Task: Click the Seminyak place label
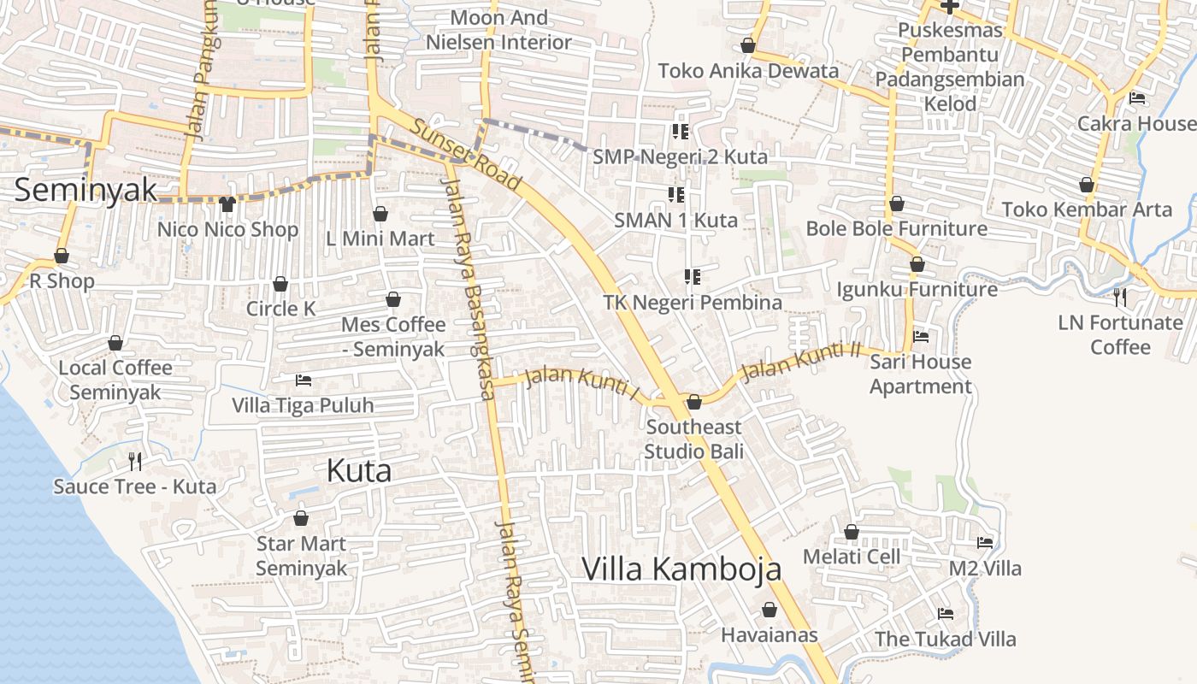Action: coord(85,189)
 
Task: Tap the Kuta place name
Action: coord(359,470)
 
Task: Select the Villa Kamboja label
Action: coord(681,569)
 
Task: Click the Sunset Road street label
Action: coord(466,155)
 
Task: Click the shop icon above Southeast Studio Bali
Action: coord(694,402)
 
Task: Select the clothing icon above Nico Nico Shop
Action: coord(227,203)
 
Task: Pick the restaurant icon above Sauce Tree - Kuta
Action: coord(134,462)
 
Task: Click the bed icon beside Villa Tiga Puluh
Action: coord(303,380)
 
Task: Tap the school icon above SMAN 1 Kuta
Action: coord(676,195)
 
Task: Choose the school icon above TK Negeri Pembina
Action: coord(693,277)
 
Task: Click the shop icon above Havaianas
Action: coord(769,610)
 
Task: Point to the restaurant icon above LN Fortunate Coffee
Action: coord(1120,298)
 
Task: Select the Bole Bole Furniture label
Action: coord(897,228)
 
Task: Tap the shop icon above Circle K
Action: coord(280,284)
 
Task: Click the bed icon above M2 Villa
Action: coord(985,542)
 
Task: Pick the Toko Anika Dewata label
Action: coord(748,70)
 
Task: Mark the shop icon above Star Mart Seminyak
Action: coord(301,518)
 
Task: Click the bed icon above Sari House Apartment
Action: coord(921,337)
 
